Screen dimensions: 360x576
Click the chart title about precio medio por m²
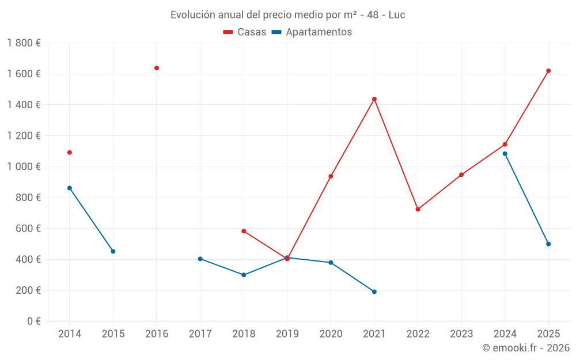pyautogui.click(x=287, y=15)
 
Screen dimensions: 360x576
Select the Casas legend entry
pyautogui.click(x=245, y=32)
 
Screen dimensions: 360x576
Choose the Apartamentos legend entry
pyautogui.click(x=312, y=32)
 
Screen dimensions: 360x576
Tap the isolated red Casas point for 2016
pyautogui.click(x=157, y=68)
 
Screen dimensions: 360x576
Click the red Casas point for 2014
pyautogui.click(x=70, y=153)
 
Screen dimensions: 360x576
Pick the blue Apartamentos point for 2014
pyautogui.click(x=70, y=188)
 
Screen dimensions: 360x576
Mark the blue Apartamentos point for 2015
pyautogui.click(x=113, y=251)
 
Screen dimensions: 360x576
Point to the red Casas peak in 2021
pyautogui.click(x=374, y=99)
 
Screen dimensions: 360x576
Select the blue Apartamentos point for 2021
pyautogui.click(x=374, y=291)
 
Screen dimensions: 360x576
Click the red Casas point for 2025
pyautogui.click(x=548, y=71)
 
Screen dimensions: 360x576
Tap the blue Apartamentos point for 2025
pyautogui.click(x=548, y=244)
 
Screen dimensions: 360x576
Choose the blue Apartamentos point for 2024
pyautogui.click(x=505, y=154)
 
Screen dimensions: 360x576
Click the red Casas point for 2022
pyautogui.click(x=418, y=209)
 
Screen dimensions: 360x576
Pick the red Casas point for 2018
pyautogui.click(x=244, y=231)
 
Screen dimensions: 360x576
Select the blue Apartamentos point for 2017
pyautogui.click(x=200, y=259)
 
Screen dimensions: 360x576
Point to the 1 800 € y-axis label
pyautogui.click(x=24, y=43)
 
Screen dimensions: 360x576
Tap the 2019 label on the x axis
pyautogui.click(x=287, y=334)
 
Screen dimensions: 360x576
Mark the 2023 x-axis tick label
pyautogui.click(x=461, y=334)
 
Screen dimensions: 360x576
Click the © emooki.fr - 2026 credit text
pyautogui.click(x=526, y=348)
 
